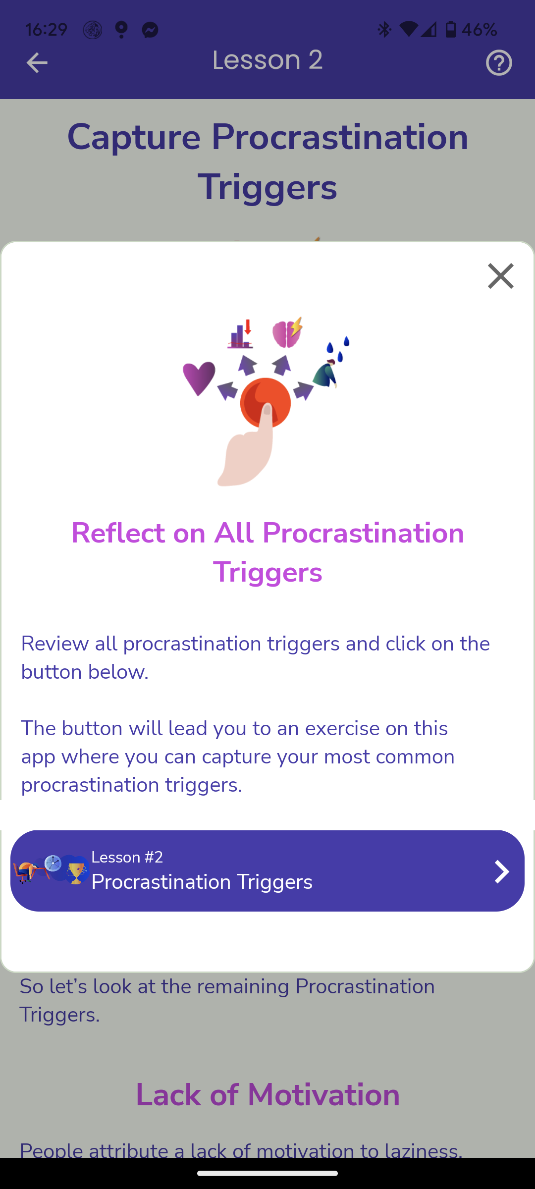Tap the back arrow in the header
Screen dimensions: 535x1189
pos(37,63)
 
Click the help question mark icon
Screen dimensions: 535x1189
pos(499,63)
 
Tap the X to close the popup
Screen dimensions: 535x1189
pos(501,276)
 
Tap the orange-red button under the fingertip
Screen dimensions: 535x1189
pos(266,402)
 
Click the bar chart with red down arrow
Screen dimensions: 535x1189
pos(240,334)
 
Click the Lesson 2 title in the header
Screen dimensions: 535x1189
pos(267,60)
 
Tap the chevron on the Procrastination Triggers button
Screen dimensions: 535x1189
pos(502,871)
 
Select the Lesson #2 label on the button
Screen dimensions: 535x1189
pos(127,857)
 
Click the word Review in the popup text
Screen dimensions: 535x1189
pos(55,644)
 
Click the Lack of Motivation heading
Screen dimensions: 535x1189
pos(267,1095)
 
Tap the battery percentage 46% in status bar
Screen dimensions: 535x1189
pos(479,30)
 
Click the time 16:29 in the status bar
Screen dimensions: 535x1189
pos(46,30)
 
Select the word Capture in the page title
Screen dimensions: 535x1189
pos(134,138)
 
